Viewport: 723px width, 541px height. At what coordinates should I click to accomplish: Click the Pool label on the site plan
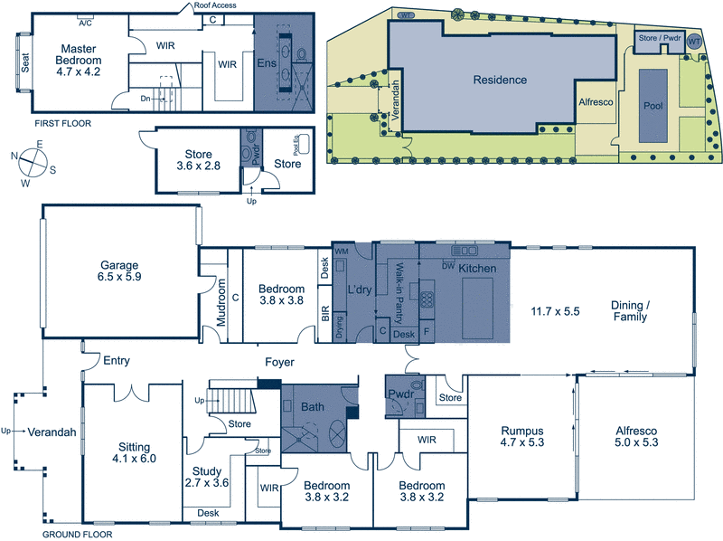point(653,106)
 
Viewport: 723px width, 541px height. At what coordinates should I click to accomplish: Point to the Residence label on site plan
point(500,80)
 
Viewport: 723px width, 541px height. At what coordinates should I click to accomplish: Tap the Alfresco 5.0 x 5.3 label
point(636,437)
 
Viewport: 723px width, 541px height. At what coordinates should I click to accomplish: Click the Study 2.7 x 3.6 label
point(206,477)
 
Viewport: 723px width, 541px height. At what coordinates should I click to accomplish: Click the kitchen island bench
point(477,308)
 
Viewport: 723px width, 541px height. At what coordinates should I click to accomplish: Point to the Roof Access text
point(217,5)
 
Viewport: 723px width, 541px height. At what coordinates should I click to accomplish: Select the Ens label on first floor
point(266,62)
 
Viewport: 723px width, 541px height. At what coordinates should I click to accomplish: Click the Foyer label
point(279,362)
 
